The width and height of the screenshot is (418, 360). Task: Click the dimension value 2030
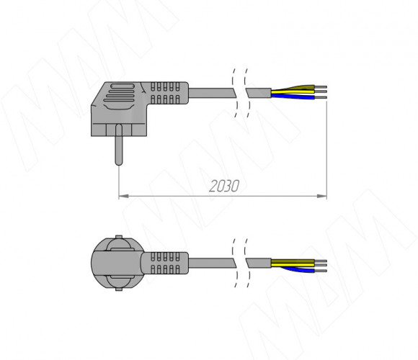point(224,186)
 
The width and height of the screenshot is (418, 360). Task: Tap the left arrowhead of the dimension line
point(123,197)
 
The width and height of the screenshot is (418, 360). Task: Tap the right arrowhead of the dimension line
point(321,197)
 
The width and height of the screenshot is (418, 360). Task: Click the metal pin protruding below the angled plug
point(119,145)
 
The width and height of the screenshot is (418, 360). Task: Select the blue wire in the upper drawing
point(293,96)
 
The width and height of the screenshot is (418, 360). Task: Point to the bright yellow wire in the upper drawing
point(293,92)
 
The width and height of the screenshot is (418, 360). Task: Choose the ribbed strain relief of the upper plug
point(165,93)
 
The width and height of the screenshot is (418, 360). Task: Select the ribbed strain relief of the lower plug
point(165,263)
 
